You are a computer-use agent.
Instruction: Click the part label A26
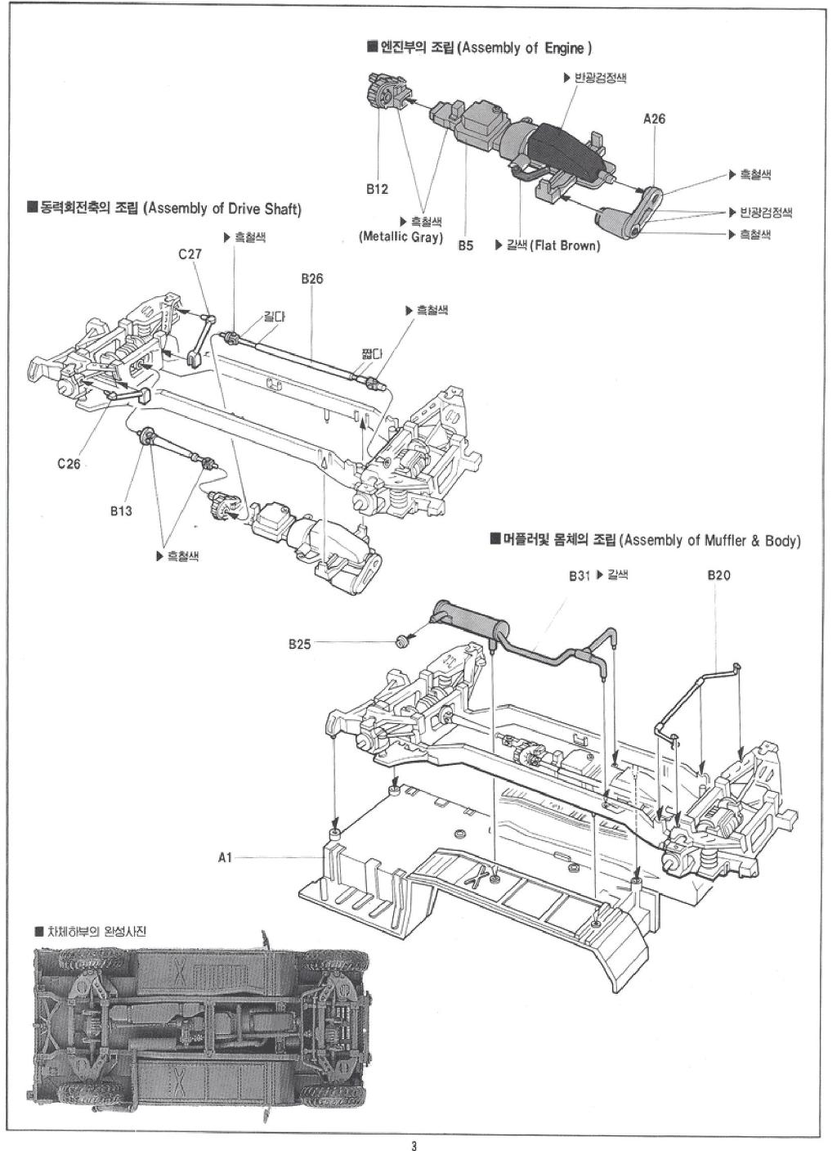(654, 119)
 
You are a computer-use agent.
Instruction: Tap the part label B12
(377, 189)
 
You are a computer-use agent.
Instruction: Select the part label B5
(465, 245)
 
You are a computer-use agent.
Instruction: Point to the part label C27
(190, 254)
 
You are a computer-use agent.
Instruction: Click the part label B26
(311, 279)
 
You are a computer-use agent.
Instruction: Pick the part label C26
(69, 464)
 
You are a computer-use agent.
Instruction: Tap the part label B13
(122, 511)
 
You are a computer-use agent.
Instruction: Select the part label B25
(299, 644)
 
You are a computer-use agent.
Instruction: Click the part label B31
(579, 575)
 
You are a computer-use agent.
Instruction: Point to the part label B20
(718, 575)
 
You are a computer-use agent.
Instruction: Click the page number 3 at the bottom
(414, 1144)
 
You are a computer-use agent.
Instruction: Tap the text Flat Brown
(565, 245)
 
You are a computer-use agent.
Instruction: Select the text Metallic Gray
(401, 237)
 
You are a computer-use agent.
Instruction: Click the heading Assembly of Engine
(523, 48)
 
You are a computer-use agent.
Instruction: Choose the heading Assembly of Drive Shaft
(222, 209)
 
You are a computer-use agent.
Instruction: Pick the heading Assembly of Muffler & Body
(709, 541)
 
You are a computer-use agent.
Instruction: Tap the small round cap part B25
(402, 641)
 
